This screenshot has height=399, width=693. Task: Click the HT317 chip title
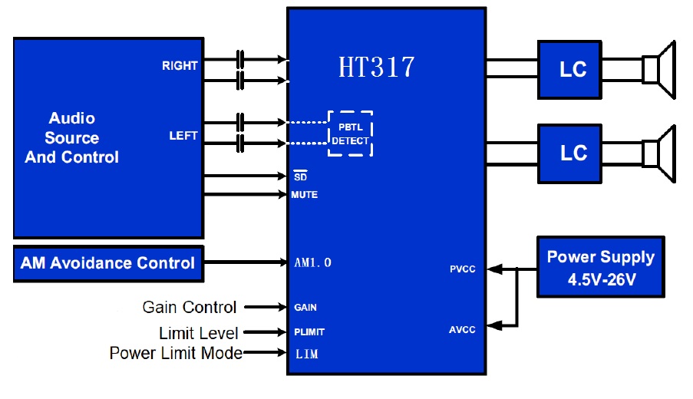376,68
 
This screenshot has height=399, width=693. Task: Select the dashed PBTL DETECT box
350,134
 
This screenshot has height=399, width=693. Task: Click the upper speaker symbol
661,70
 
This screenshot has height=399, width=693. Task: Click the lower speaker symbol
661,153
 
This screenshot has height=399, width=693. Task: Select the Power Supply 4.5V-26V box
600,267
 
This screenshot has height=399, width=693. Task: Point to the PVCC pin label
463,269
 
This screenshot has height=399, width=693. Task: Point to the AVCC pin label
462,330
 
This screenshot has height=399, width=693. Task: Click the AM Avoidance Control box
108,263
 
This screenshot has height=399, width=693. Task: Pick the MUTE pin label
304,195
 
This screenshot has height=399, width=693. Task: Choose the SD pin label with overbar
301,176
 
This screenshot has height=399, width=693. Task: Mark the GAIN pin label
305,308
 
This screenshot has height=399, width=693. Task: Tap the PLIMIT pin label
309,332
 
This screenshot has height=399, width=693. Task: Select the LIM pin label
306,354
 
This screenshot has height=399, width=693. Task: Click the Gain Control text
190,308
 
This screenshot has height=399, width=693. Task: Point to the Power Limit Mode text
176,354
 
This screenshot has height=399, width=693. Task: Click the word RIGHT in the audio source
180,66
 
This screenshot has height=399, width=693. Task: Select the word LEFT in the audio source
183,136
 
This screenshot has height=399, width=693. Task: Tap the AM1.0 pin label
312,263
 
